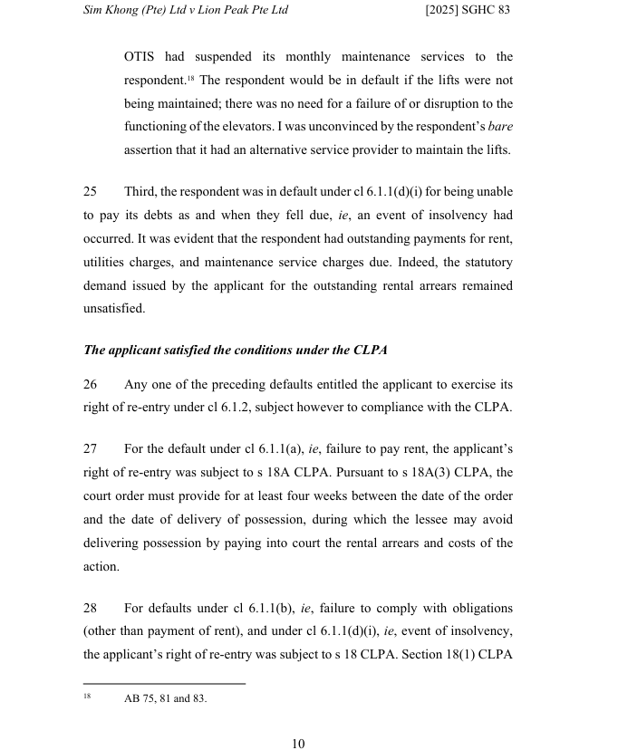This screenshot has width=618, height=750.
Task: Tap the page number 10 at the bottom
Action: (298, 744)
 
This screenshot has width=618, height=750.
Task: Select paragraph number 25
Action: (90, 192)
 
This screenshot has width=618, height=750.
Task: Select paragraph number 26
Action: (90, 384)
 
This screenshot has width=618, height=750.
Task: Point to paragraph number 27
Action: (90, 449)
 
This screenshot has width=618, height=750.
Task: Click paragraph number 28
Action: (90, 608)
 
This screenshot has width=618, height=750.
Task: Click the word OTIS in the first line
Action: (140, 57)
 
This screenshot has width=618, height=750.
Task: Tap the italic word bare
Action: (499, 127)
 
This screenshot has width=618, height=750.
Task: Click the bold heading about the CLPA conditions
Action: (235, 350)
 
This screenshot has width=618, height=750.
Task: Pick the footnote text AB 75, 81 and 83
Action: (165, 698)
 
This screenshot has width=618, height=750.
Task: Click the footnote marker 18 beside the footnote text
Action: (88, 697)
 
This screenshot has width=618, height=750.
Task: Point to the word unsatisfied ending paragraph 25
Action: (113, 309)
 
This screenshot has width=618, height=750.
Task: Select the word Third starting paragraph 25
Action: (140, 192)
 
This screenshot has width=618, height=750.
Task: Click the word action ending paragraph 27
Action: (101, 567)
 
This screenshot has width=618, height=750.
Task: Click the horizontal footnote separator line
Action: (164, 683)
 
